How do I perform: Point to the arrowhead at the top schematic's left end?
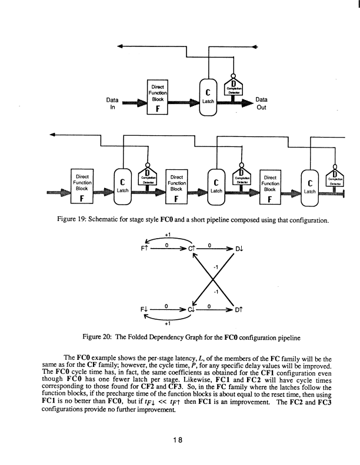121,46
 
